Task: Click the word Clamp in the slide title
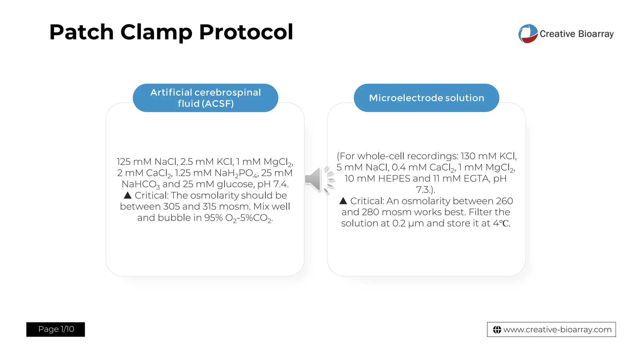(156, 32)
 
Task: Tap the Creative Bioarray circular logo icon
(528, 34)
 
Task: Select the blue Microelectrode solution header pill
(426, 98)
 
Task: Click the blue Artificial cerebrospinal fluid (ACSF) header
(205, 98)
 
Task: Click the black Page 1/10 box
(56, 329)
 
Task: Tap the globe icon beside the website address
(497, 330)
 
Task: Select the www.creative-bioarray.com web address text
(557, 330)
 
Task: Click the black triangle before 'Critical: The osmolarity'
(127, 196)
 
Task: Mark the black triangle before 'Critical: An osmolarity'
(343, 201)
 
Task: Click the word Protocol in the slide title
(246, 32)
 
